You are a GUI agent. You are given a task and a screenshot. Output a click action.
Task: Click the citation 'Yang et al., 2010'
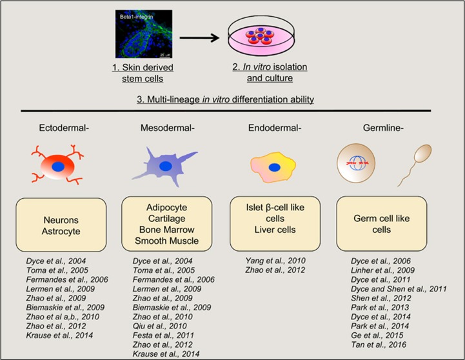click(267, 260)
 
